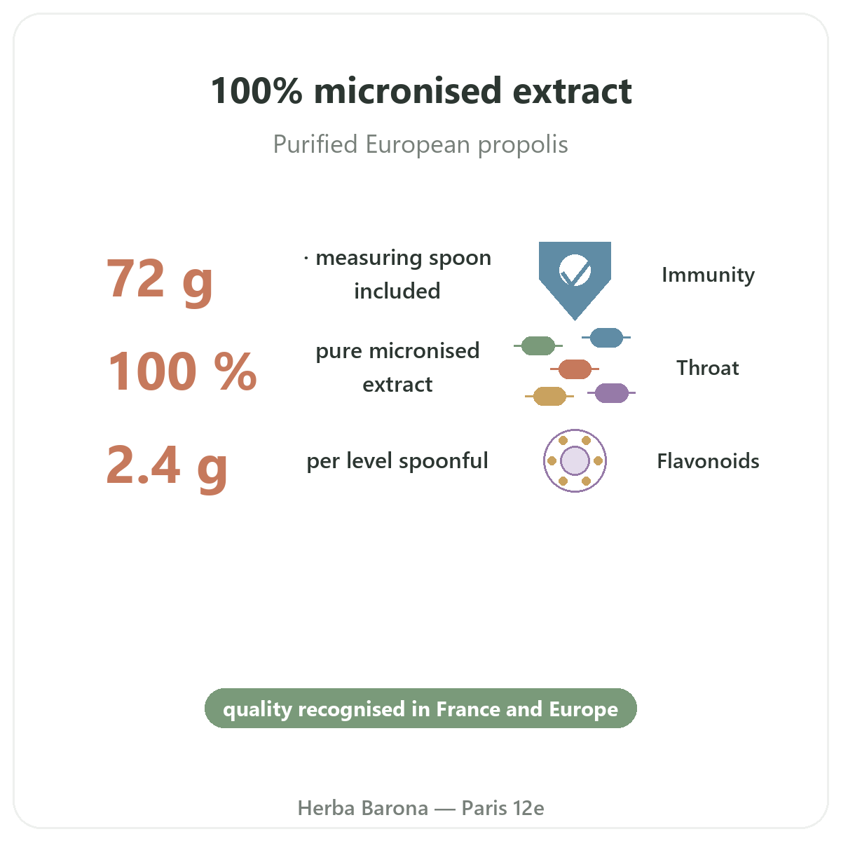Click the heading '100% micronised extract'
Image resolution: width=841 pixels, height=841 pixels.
tap(420, 91)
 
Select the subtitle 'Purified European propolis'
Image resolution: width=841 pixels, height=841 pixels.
tap(420, 144)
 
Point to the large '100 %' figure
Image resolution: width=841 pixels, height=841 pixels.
tap(182, 371)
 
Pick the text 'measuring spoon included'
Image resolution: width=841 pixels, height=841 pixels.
tap(397, 274)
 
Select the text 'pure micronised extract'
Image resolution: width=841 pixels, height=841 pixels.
tap(397, 367)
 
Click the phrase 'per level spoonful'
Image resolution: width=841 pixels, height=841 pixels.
tap(397, 461)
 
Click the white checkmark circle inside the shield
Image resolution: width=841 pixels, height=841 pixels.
tap(575, 271)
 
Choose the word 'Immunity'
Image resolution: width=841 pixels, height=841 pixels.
tap(708, 275)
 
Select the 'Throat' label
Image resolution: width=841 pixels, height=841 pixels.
tap(708, 368)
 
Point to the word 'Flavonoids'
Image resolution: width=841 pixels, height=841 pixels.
tap(708, 461)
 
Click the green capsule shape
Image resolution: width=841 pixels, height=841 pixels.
tap(538, 346)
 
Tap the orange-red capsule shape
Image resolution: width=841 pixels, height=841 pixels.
tap(575, 369)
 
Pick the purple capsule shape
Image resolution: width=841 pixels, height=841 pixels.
tap(611, 392)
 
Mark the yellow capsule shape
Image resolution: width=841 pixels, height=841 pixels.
tap(549, 396)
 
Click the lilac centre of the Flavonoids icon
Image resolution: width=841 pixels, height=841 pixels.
tap(575, 460)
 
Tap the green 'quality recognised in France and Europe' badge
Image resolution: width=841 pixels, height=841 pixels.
tap(420, 709)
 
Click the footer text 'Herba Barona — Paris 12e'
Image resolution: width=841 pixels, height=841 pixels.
tap(420, 808)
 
